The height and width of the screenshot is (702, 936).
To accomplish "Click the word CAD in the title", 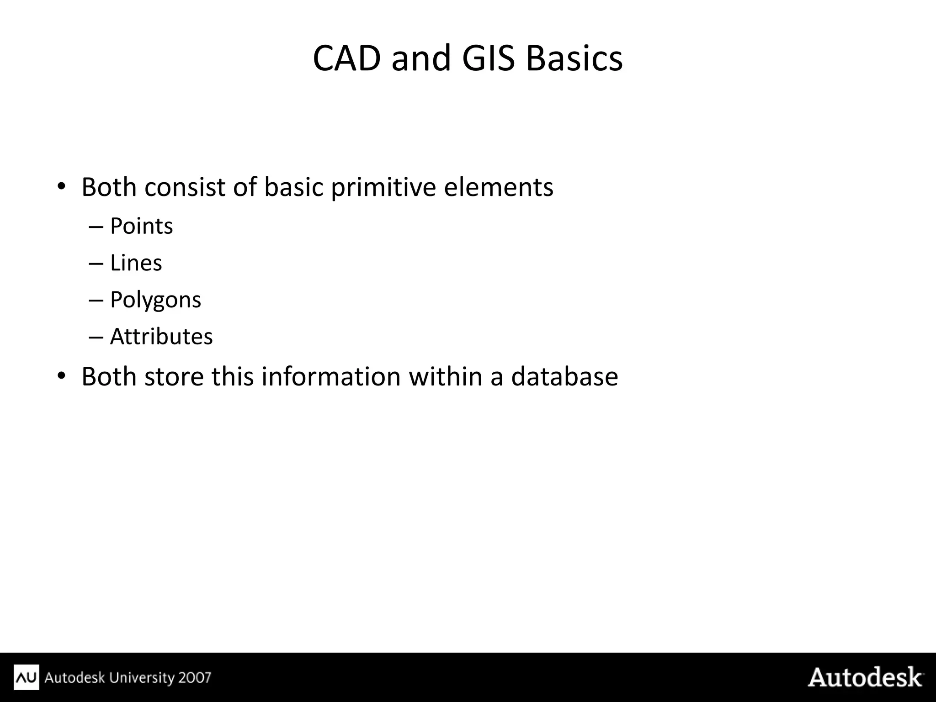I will [x=346, y=58].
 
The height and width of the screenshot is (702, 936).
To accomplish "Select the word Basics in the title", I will [x=574, y=58].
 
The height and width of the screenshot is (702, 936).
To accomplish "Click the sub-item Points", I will [x=141, y=226].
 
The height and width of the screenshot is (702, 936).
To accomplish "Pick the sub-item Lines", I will [x=136, y=263].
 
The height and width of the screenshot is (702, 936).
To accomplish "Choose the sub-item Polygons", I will [x=155, y=300].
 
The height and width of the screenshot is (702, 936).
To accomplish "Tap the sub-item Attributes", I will [x=161, y=337].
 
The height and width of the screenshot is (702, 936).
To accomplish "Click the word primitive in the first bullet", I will [x=383, y=187].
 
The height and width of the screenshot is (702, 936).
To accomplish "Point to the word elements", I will [x=499, y=187].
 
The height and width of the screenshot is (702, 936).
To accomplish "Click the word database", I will [x=564, y=377].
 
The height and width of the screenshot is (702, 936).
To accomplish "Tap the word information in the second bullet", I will [x=331, y=377].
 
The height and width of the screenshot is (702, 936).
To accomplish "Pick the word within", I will [x=445, y=377].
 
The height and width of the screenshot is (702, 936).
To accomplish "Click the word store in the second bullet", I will [x=174, y=377].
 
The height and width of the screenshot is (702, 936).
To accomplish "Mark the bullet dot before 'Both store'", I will [x=61, y=376].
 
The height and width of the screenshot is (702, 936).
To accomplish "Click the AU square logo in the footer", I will [x=27, y=677].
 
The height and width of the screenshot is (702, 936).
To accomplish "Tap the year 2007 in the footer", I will [x=195, y=677].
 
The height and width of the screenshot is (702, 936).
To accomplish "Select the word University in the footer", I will [x=140, y=677].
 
